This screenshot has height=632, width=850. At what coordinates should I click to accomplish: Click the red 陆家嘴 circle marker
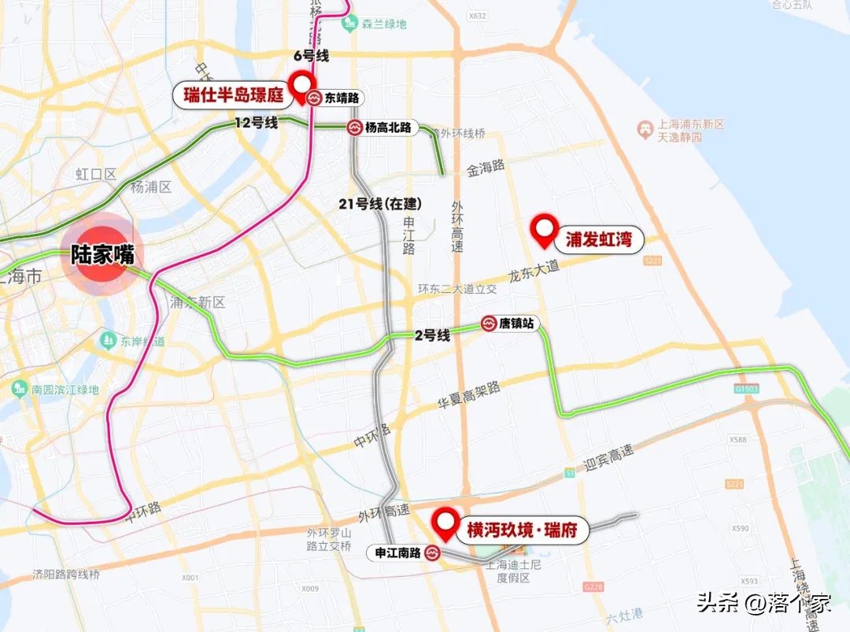pos(103,254)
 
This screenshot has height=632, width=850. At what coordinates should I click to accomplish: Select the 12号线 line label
pos(257,123)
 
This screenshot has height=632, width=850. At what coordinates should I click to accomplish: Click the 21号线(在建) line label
pos(380,204)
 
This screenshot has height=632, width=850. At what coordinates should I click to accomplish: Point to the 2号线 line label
pos(432,335)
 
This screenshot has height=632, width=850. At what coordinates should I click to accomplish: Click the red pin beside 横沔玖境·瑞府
pos(446,524)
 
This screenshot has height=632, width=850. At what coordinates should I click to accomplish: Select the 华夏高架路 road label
pos(469,398)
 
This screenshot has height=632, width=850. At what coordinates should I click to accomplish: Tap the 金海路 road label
pos(485,168)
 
